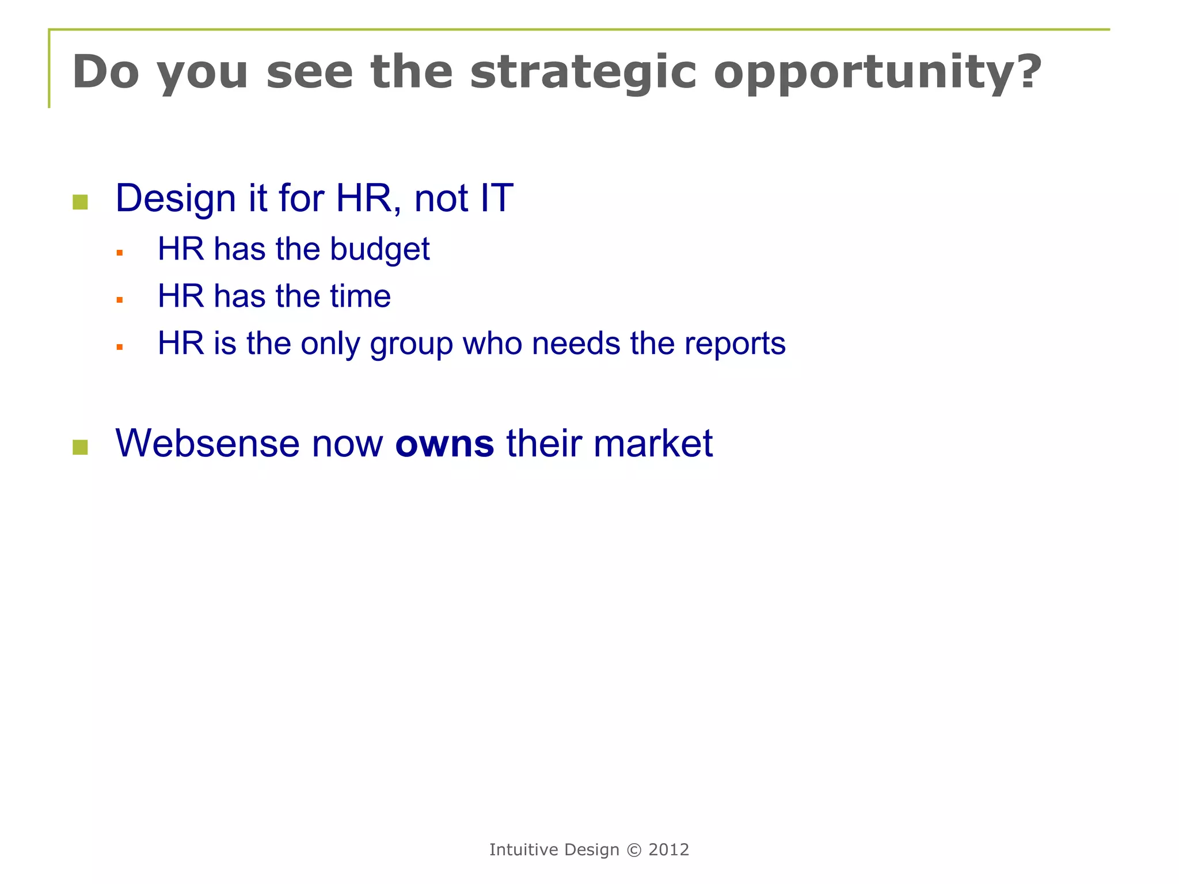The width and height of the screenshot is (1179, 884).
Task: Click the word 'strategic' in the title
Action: tap(583, 73)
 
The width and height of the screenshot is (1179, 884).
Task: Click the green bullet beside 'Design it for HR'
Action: tap(81, 202)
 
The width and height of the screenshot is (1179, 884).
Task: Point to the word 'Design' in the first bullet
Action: tap(176, 199)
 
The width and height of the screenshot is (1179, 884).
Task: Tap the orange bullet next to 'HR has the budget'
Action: tap(120, 253)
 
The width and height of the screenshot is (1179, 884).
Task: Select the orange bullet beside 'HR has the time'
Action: tap(120, 300)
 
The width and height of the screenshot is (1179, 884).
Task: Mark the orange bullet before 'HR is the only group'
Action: tap(120, 347)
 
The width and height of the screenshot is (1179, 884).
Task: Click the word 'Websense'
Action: tap(207, 444)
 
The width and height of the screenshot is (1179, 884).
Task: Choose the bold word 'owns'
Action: tap(444, 444)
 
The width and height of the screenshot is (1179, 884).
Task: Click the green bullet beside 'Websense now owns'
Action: tap(81, 447)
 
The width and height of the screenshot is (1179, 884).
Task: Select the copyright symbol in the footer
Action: tap(633, 850)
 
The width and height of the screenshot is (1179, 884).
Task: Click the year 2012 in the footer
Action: tap(668, 850)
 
